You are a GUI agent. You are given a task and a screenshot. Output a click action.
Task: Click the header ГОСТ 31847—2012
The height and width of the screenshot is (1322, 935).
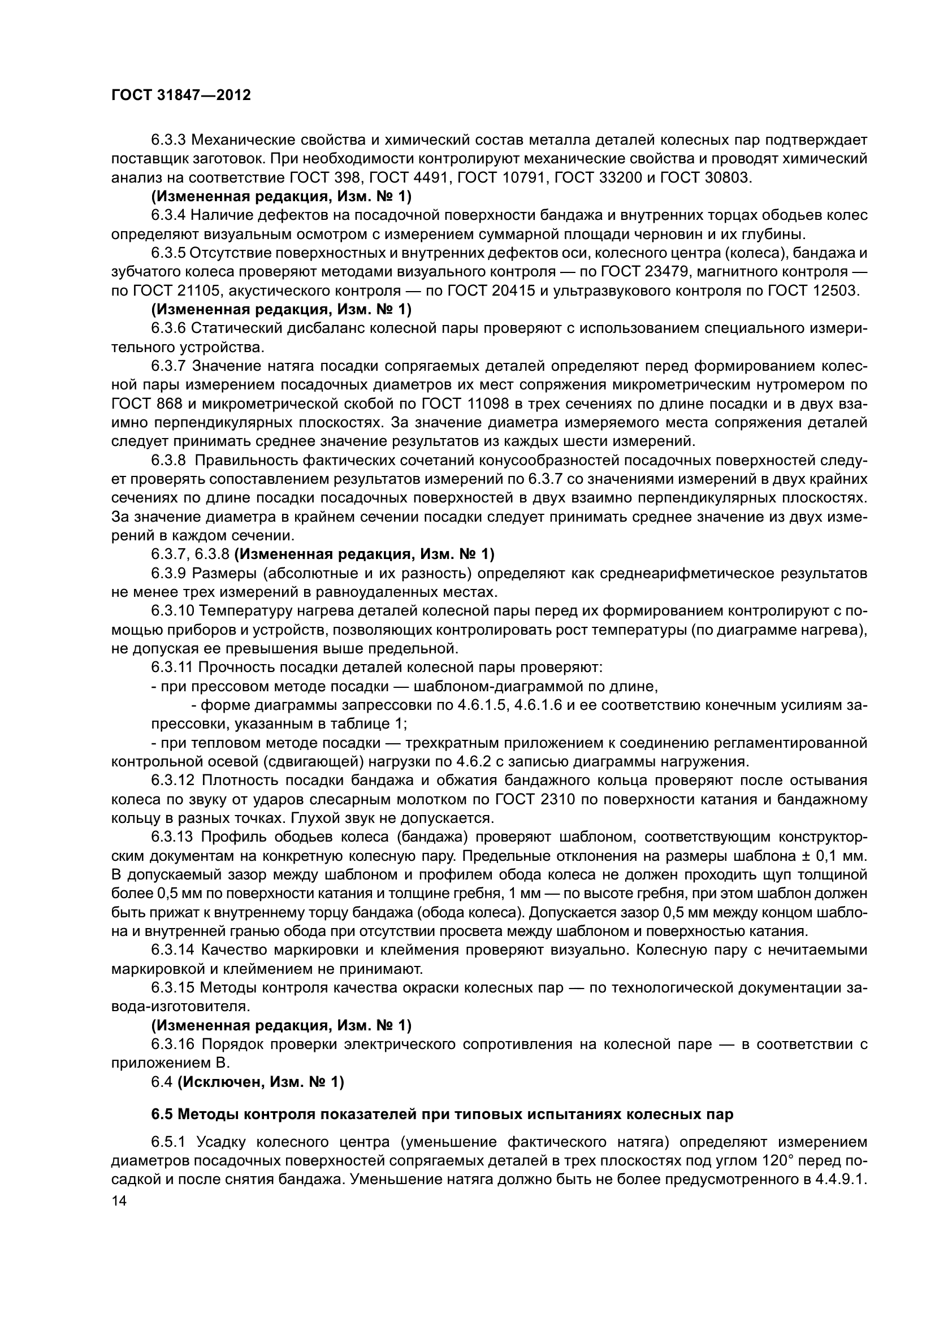tap(181, 96)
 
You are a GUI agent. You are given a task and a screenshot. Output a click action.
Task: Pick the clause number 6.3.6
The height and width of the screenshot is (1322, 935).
tap(168, 328)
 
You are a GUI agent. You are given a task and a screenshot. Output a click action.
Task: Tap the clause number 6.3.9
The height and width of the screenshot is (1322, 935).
tap(168, 574)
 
